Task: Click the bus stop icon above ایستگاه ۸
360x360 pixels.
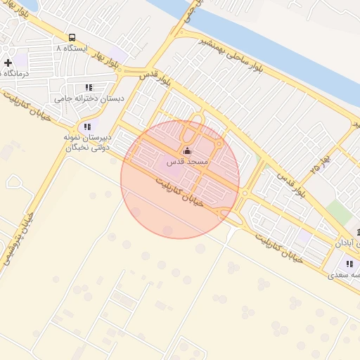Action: [x=72, y=37]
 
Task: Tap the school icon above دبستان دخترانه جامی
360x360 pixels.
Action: [x=89, y=87]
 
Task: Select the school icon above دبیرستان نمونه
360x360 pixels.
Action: [x=87, y=127]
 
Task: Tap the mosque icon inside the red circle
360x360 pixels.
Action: [x=186, y=150]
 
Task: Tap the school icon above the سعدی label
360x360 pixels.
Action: [x=349, y=264]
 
